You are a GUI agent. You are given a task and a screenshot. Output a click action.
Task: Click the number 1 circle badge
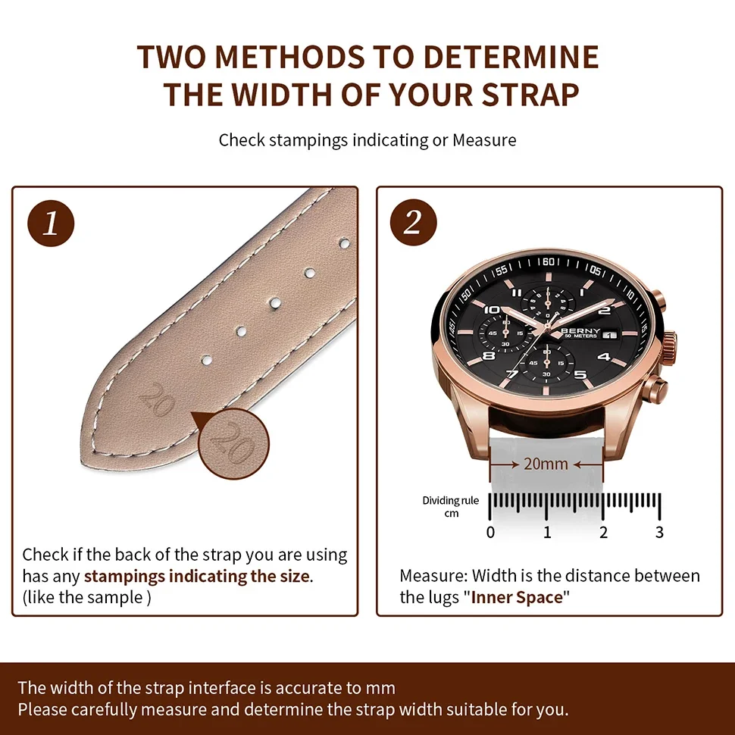(x=51, y=225)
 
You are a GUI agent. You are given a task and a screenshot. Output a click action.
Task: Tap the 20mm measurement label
(x=546, y=464)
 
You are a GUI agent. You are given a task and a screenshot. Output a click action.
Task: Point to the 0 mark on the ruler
(x=490, y=532)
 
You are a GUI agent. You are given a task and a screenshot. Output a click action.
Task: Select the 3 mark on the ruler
(x=659, y=532)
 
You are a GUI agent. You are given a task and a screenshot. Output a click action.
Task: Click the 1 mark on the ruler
(x=547, y=532)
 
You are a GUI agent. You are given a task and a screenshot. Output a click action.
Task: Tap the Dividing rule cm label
(x=450, y=507)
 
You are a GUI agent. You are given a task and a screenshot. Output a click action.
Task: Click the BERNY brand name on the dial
(x=581, y=331)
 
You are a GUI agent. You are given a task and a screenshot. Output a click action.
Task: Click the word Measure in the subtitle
(x=484, y=140)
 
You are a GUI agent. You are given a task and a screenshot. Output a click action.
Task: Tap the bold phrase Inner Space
(x=517, y=597)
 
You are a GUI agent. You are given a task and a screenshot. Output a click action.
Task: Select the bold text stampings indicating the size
(x=197, y=576)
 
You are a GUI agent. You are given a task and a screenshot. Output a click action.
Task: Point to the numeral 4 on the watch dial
(x=604, y=356)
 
